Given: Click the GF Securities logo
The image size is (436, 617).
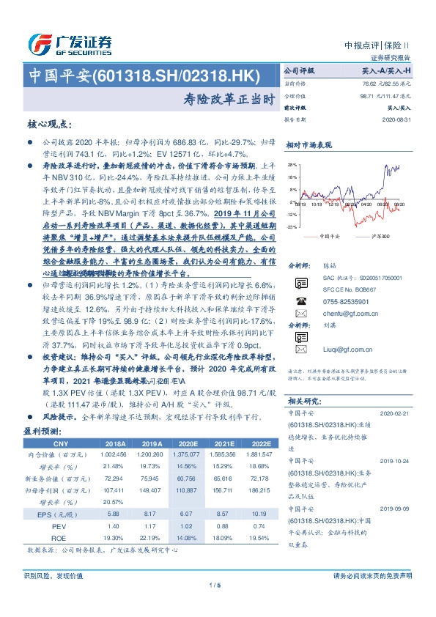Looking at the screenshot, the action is (70, 44).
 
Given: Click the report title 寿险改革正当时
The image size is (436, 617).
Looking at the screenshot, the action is (218, 95).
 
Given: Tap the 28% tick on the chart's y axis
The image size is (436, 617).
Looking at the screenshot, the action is (293, 165).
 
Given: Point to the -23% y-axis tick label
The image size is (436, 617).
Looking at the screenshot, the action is (292, 227).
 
